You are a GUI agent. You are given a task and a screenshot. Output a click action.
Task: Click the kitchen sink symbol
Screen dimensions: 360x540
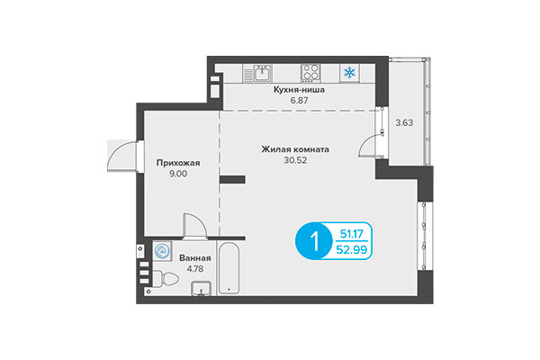[x=263, y=73]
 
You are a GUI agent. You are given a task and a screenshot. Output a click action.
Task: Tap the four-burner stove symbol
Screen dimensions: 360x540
[x=312, y=73]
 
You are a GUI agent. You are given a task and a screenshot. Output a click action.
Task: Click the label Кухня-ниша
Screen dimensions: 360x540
[x=298, y=91]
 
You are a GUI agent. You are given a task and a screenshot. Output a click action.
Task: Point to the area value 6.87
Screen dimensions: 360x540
[x=298, y=102]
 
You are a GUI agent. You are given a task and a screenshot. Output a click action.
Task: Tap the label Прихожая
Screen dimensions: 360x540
[x=176, y=163]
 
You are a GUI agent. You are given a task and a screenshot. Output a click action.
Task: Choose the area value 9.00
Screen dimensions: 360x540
[x=176, y=175]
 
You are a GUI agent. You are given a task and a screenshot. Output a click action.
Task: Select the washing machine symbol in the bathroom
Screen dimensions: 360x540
[x=162, y=251]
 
